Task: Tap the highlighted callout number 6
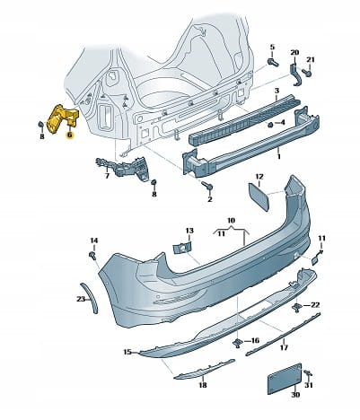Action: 69,136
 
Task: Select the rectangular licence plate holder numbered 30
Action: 285,378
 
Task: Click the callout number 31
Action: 308,385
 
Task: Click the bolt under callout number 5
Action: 273,63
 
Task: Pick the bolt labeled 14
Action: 92,256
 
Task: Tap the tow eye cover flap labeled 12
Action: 259,197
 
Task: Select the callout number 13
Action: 189,231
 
